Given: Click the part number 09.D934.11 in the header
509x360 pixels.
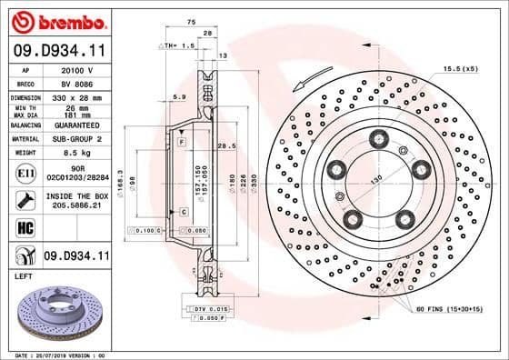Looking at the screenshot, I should tap(56, 53).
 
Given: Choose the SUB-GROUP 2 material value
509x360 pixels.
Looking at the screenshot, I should tap(81, 139).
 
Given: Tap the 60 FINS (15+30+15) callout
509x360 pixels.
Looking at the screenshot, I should tap(455, 310).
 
